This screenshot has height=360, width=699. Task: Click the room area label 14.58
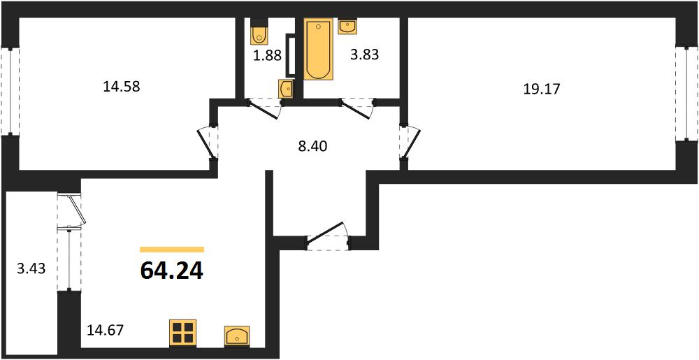[x=122, y=87]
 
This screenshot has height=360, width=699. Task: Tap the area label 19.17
[x=542, y=89]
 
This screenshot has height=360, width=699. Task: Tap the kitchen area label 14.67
[x=106, y=330]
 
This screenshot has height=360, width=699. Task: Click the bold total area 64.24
[x=172, y=271]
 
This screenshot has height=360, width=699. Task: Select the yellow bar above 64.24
[x=172, y=250]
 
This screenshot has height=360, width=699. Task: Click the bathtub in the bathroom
[x=319, y=49]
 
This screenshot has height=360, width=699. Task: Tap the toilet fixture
[x=258, y=31]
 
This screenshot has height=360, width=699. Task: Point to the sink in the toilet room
[x=286, y=88]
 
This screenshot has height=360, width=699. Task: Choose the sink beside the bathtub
[x=347, y=27]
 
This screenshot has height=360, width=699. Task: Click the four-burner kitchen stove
[x=183, y=333]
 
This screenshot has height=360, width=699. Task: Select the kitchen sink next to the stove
[x=237, y=336]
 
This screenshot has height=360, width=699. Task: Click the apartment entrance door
[x=328, y=236]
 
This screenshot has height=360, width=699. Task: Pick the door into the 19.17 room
[x=409, y=142]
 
